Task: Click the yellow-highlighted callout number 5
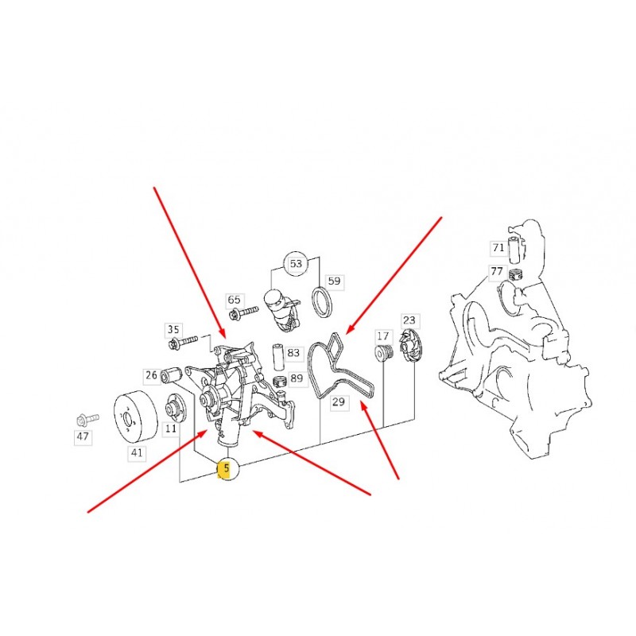coord(227,468)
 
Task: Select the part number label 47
coord(83,436)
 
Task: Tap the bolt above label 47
coord(87,419)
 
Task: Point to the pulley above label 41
coord(135,417)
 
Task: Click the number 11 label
coord(170,429)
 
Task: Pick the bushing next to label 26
coord(170,374)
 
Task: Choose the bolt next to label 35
coord(183,342)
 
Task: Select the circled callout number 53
coord(296,264)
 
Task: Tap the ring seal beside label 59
coord(323,302)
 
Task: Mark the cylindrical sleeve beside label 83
coord(277,357)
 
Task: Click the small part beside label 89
coord(280,382)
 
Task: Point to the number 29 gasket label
coord(339,402)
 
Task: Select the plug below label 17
coord(384,352)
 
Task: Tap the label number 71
coord(498,247)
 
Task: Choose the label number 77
coord(496,271)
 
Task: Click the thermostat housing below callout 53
coord(280,309)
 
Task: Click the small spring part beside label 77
coord(515,275)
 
